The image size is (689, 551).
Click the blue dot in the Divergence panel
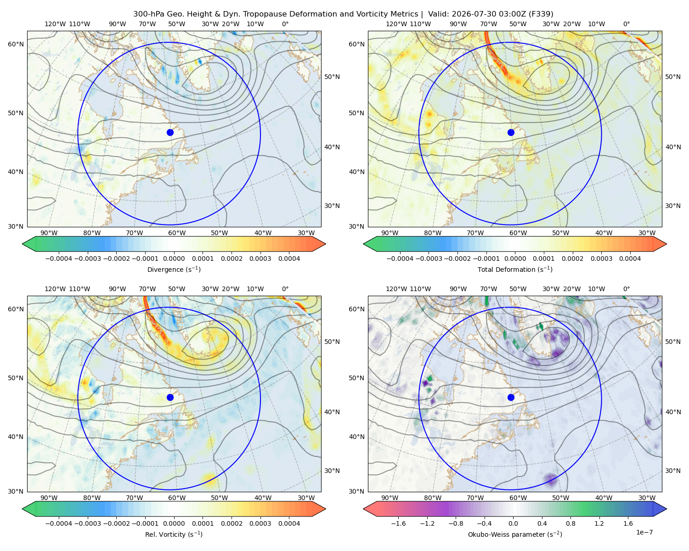tap(170, 132)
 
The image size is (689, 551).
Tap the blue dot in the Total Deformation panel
tap(511, 132)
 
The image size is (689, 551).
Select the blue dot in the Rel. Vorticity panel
tap(170, 397)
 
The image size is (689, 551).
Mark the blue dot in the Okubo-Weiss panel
tap(511, 397)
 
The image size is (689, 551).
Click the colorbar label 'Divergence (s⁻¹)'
tap(174, 269)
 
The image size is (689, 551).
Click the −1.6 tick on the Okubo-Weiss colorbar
tap(398, 523)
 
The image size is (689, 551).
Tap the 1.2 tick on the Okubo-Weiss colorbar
tap(599, 523)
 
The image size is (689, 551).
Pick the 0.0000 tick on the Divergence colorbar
tap(174, 259)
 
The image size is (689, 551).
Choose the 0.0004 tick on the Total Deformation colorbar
tap(630, 259)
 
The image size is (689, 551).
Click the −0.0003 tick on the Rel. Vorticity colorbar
tap(88, 523)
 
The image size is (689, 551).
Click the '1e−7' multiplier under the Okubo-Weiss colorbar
tap(644, 532)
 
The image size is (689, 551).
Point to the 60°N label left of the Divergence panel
tap(16, 44)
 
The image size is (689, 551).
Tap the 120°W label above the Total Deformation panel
tap(396, 24)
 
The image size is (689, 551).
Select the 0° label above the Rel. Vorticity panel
tap(285, 289)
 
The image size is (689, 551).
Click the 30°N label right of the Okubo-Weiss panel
tap(673, 471)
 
